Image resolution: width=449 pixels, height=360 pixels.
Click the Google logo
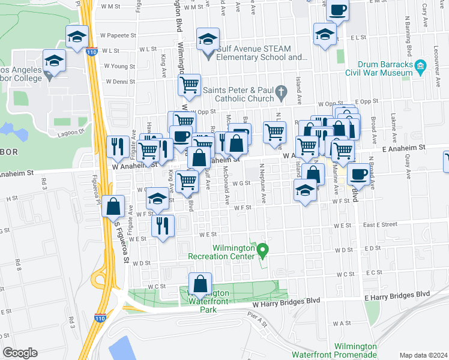[x=20, y=353]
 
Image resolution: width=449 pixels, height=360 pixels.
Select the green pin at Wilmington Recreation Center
[x=262, y=248]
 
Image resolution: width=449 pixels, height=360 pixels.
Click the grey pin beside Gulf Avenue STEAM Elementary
[x=208, y=55]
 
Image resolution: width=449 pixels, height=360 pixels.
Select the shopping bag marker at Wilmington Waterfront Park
[x=200, y=284]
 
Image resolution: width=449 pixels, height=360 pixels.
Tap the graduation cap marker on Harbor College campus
[x=54, y=62]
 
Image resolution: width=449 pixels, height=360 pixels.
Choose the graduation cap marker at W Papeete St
[x=77, y=37]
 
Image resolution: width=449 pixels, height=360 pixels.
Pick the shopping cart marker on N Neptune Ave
[x=275, y=132]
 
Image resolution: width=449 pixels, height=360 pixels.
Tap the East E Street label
[x=380, y=224]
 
